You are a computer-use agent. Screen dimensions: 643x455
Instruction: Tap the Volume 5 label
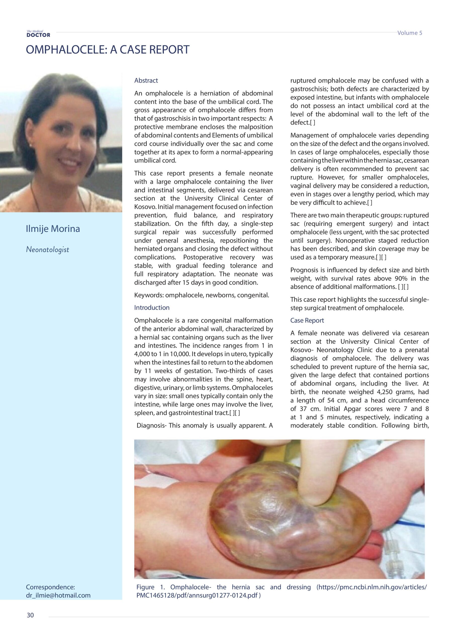tap(409, 33)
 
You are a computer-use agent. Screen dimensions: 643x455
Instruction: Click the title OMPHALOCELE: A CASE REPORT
tap(108, 49)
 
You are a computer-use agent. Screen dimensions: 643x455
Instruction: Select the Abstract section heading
tap(146, 80)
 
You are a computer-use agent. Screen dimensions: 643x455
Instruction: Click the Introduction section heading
tap(152, 307)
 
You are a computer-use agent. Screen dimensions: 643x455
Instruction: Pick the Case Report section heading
tap(307, 320)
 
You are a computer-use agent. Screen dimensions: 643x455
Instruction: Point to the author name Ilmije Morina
tap(53, 229)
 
